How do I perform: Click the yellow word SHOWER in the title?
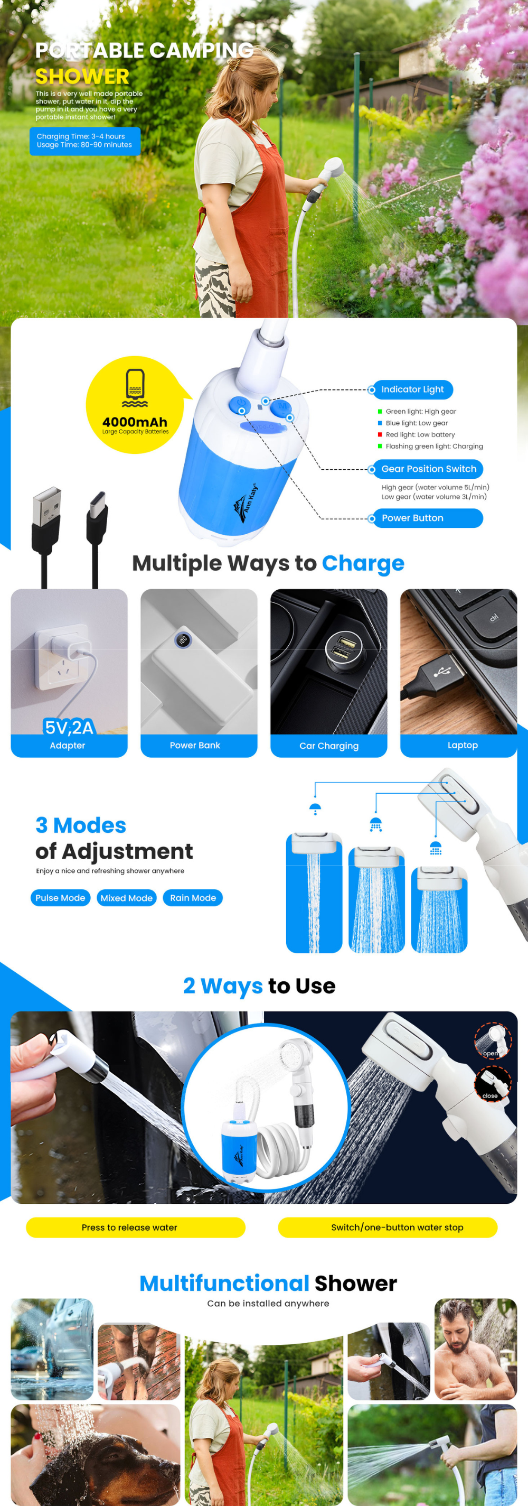click(x=82, y=77)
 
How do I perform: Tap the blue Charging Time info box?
click(x=84, y=141)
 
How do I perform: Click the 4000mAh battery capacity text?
click(x=135, y=422)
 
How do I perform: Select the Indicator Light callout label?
click(x=412, y=389)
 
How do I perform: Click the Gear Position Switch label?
click(x=428, y=469)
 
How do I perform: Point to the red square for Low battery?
click(x=380, y=434)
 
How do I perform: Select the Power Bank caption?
click(x=195, y=746)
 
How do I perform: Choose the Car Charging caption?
click(x=329, y=746)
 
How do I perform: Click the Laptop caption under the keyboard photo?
click(x=463, y=746)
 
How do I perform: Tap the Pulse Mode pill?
click(x=60, y=898)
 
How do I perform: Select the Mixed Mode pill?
click(x=126, y=898)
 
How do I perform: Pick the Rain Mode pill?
click(x=193, y=898)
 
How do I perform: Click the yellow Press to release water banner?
click(x=136, y=1228)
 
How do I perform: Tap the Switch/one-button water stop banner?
click(x=388, y=1228)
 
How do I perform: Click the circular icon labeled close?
click(x=493, y=1083)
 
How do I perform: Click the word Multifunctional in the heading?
click(x=224, y=1283)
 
